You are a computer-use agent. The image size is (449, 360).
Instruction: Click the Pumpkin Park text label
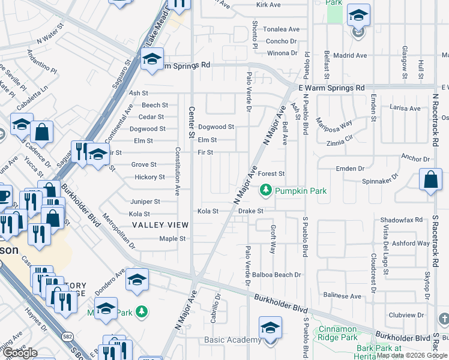point(301,191)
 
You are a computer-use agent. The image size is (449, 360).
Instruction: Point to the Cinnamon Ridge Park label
point(346,333)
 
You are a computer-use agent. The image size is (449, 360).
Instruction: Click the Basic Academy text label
point(233,340)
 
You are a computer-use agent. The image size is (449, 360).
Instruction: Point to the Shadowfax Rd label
point(402,220)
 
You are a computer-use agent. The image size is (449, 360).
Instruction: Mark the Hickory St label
point(149,177)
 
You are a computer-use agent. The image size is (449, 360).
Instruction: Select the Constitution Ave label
point(176,172)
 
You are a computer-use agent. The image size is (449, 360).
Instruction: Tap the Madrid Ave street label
point(350,55)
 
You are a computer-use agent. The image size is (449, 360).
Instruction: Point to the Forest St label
point(271,174)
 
